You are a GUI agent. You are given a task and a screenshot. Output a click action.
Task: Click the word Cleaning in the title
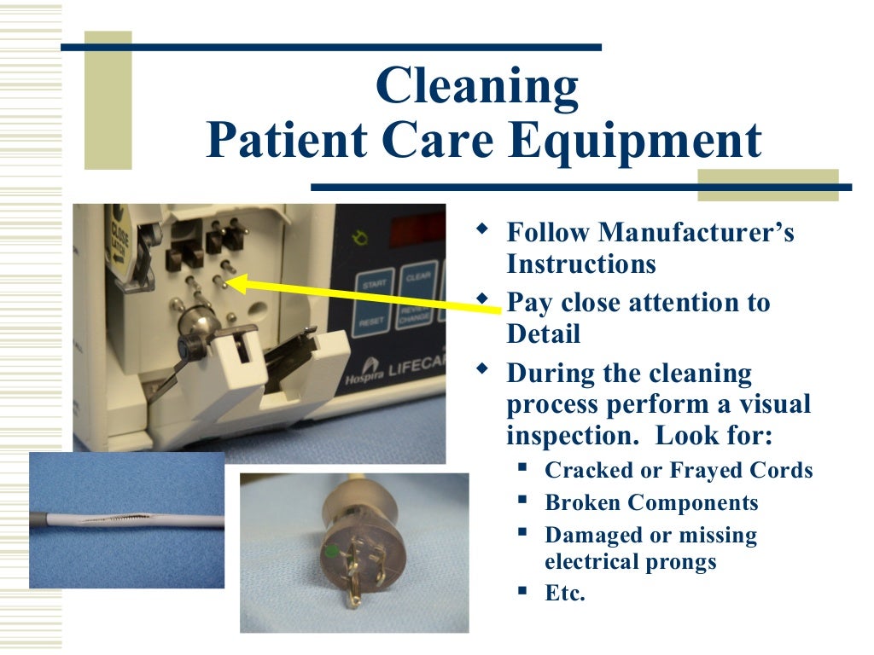[x=476, y=87]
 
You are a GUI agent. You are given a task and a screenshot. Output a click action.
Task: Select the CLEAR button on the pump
[x=418, y=277]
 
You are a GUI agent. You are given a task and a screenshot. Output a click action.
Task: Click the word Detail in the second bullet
[x=543, y=333]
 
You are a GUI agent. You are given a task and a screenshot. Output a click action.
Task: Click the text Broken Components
[x=651, y=502]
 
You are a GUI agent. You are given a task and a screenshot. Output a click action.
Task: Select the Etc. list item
[x=565, y=593]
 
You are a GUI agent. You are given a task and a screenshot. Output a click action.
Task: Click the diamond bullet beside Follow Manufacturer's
[x=484, y=229]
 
